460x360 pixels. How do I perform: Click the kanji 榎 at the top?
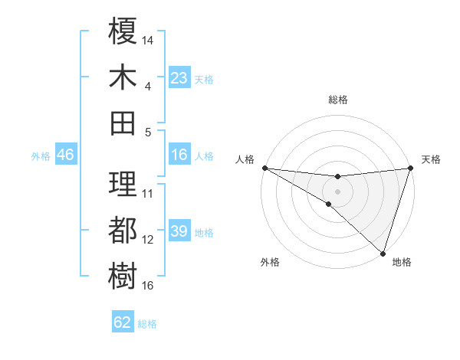[x=123, y=31]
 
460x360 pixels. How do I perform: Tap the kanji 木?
[x=123, y=77]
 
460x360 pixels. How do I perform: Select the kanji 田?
[x=123, y=123]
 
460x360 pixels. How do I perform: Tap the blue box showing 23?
[x=179, y=77]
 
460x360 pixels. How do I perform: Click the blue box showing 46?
[x=65, y=155]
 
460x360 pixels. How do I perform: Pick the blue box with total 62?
[x=123, y=322]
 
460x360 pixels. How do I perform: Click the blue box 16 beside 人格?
[x=179, y=155]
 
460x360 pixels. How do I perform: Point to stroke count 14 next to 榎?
[x=149, y=39]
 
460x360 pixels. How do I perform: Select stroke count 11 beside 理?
[x=149, y=193]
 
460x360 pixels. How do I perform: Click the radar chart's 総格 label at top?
[x=337, y=100]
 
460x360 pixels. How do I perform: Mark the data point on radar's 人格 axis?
[x=264, y=168]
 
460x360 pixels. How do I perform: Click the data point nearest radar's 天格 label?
[x=410, y=169]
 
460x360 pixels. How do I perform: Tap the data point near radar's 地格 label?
[x=382, y=252]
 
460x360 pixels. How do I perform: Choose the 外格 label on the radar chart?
[x=270, y=263]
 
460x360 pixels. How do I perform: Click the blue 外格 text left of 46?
[x=41, y=156]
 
